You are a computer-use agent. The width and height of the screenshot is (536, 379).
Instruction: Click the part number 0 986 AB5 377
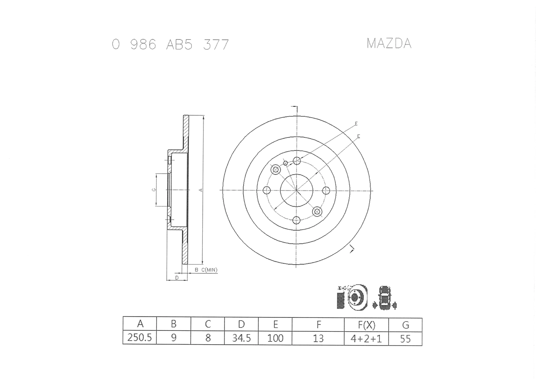click(x=170, y=44)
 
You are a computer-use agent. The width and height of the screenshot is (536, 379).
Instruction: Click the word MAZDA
click(x=389, y=44)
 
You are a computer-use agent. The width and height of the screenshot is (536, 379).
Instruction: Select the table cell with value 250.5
click(x=139, y=338)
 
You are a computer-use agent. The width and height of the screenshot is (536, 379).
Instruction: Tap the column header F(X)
click(x=366, y=325)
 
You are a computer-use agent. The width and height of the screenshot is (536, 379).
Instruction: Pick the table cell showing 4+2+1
click(x=366, y=338)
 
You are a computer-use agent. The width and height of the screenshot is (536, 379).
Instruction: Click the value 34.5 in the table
click(x=241, y=338)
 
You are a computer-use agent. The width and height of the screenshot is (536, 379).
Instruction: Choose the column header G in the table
click(x=405, y=325)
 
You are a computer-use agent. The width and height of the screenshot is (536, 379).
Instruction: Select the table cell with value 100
click(x=275, y=338)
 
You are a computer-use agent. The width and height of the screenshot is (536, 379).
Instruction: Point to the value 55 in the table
click(x=405, y=338)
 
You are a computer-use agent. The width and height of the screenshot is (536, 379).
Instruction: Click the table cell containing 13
click(x=318, y=338)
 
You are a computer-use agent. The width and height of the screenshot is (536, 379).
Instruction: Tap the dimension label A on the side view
click(x=201, y=190)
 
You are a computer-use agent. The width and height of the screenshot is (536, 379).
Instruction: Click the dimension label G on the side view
click(x=154, y=190)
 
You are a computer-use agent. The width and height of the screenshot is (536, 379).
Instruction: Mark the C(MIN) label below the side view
click(x=209, y=270)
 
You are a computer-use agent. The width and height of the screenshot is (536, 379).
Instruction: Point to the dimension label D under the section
click(x=177, y=278)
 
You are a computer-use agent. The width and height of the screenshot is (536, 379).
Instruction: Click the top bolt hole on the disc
click(x=296, y=160)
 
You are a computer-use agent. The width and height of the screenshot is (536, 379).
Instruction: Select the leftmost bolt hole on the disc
click(x=267, y=190)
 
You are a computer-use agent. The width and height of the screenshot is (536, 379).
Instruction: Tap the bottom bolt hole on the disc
click(x=296, y=220)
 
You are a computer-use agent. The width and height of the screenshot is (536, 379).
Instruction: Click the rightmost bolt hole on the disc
click(x=326, y=190)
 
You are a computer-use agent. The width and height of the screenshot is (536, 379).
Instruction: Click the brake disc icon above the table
click(x=353, y=298)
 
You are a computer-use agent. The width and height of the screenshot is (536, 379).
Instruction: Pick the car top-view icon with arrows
click(x=384, y=298)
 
